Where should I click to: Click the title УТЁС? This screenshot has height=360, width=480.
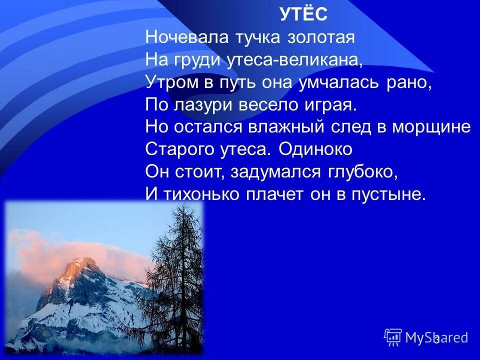[303, 15]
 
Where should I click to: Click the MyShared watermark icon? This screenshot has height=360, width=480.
[393, 337]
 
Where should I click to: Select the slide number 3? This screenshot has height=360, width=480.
[436, 340]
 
